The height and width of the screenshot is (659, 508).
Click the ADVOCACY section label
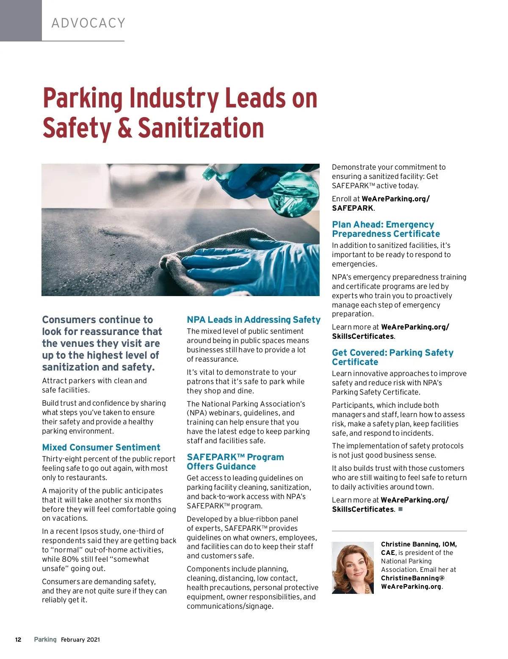tap(88, 23)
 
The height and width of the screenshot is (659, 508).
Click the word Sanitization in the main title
tap(201, 128)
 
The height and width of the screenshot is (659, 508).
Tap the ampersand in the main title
tap(124, 128)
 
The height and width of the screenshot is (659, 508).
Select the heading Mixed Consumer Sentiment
tap(101, 448)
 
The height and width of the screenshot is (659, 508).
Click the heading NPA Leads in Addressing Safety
tap(254, 320)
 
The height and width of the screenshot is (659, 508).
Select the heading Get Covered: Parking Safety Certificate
tap(392, 357)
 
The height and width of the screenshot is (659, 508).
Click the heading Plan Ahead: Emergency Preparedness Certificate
tap(386, 229)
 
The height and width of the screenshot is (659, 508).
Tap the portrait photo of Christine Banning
tap(353, 568)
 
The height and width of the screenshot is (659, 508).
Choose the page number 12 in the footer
tap(18, 640)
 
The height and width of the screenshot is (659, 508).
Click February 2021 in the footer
tap(80, 640)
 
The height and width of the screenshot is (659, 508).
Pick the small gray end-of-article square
tap(400, 509)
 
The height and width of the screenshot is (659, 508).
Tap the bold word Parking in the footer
tap(45, 640)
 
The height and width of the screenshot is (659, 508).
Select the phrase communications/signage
tap(230, 606)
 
